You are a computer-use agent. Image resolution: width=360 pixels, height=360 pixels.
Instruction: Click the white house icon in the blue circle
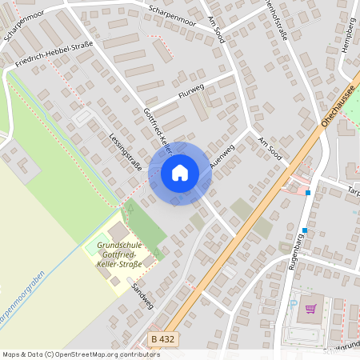[180, 172]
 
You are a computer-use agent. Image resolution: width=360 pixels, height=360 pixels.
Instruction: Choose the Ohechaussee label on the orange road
[338, 104]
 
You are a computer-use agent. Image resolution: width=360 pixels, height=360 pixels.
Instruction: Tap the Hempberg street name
[347, 35]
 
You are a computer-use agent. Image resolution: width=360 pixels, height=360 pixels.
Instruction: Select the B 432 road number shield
[162, 340]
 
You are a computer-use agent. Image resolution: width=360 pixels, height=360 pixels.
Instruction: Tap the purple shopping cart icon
[310, 309]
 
